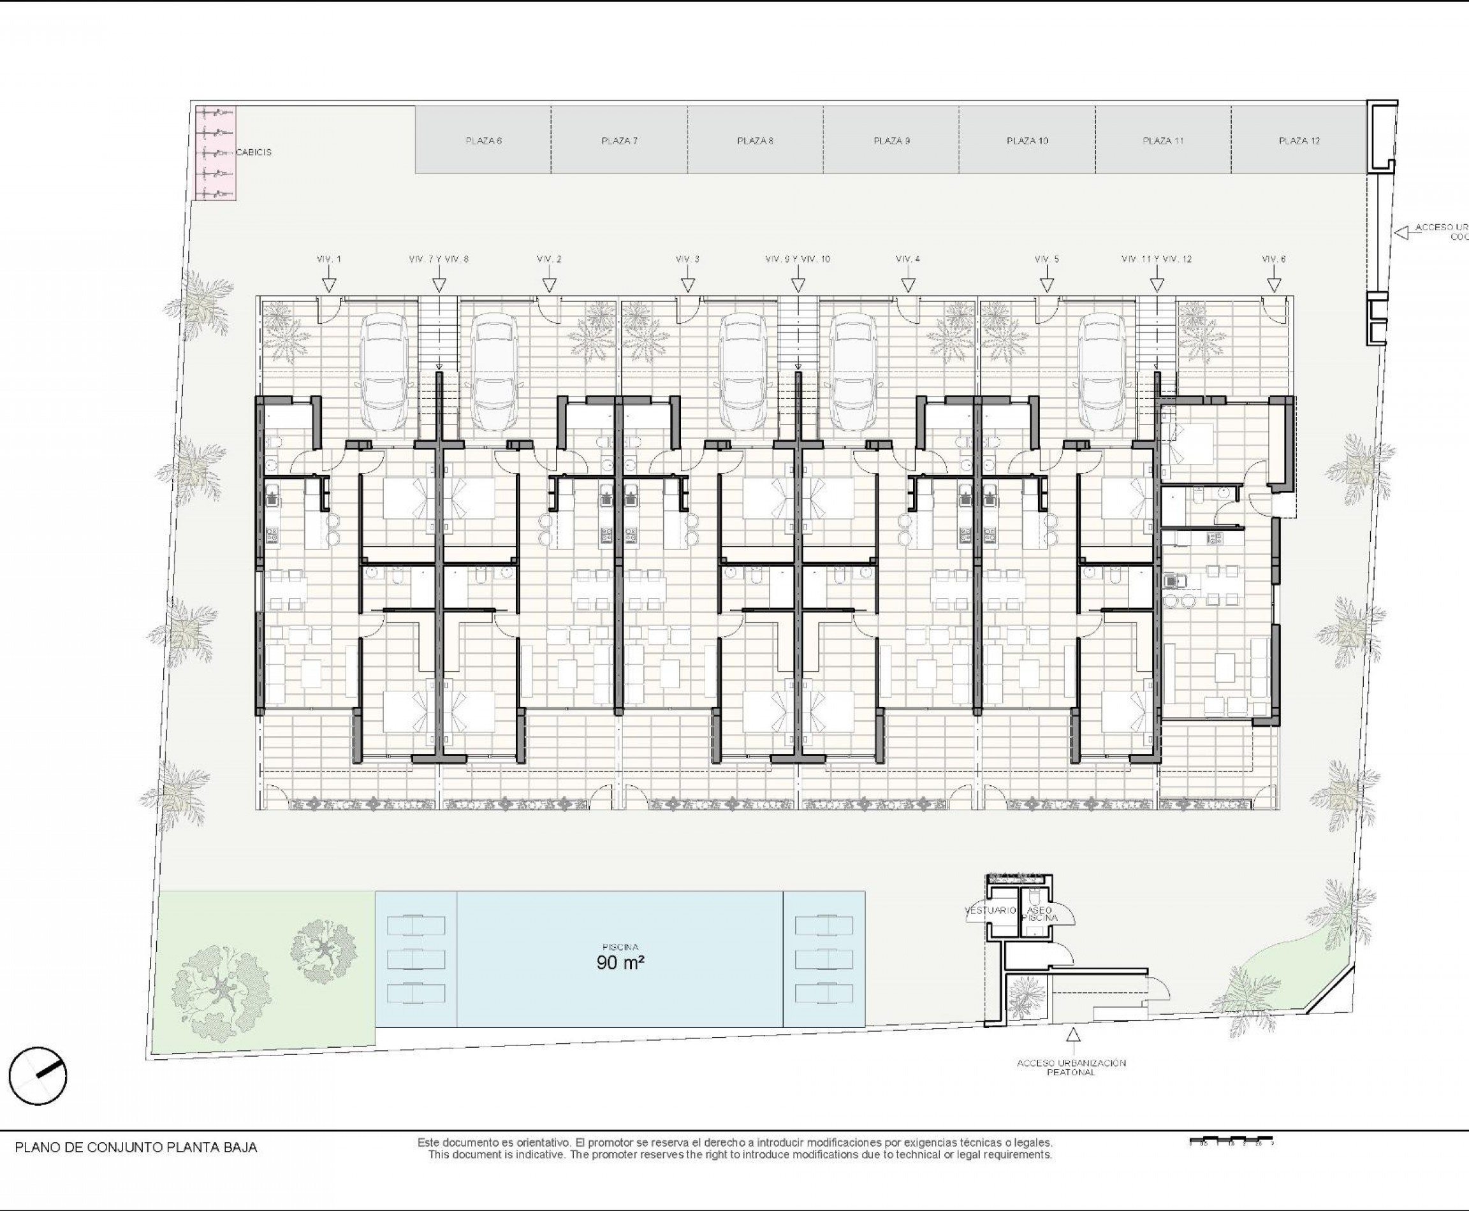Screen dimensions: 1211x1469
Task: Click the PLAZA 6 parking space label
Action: [x=484, y=141]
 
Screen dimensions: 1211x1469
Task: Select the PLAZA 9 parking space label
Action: [x=891, y=141]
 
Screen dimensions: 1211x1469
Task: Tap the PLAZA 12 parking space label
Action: [x=1299, y=141]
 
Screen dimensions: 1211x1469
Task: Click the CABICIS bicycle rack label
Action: [x=254, y=152]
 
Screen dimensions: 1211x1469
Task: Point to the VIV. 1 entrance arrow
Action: [x=330, y=285]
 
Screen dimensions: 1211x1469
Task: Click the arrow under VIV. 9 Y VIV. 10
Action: [x=798, y=285]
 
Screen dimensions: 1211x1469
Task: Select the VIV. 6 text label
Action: [x=1274, y=259]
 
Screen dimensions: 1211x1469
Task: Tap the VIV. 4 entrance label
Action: [x=908, y=259]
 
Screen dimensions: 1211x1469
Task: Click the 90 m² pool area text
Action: [x=620, y=963]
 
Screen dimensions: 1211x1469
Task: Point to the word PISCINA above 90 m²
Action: [x=620, y=946]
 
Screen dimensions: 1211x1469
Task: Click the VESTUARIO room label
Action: [x=990, y=911]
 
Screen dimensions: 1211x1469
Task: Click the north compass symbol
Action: [x=38, y=1077]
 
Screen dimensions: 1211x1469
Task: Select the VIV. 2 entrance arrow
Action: [x=549, y=285]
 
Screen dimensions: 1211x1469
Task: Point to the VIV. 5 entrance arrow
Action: [x=1046, y=285]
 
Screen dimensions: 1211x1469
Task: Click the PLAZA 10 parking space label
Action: [x=1027, y=141]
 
